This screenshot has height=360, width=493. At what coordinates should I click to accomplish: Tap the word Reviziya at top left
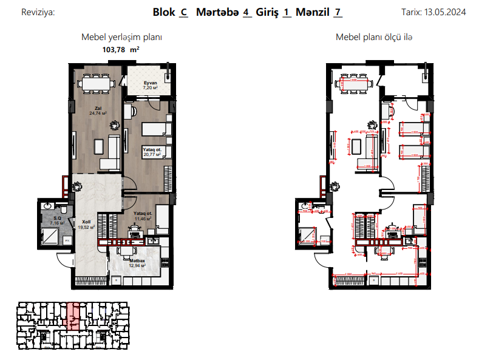tap(38, 12)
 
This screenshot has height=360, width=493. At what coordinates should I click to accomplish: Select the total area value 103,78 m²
tap(121, 50)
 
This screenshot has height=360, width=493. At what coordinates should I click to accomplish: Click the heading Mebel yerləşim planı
tap(121, 37)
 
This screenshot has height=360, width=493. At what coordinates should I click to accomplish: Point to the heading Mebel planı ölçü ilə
tap(374, 37)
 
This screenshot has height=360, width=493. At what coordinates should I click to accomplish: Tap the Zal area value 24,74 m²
tap(98, 113)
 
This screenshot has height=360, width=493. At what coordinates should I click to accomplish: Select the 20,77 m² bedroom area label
tap(152, 154)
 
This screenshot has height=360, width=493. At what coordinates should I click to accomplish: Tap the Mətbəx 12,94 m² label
tap(137, 263)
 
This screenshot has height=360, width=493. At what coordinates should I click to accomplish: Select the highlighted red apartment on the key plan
tap(73, 316)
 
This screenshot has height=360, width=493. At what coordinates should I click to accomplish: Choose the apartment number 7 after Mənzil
tap(337, 12)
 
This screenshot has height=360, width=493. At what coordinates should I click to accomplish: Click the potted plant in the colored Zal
tap(113, 126)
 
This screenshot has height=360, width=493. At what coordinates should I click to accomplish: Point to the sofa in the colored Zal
tap(112, 152)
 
